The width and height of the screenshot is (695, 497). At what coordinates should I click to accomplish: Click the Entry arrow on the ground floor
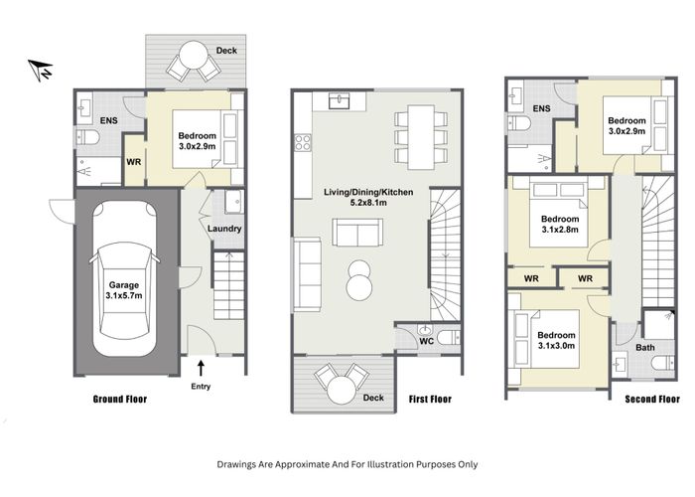click(x=201, y=370)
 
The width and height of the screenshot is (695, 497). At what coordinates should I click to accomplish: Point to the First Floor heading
click(x=430, y=400)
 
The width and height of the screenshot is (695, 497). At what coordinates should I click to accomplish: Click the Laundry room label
click(x=225, y=229)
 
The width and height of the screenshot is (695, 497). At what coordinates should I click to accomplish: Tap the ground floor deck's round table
click(x=194, y=63)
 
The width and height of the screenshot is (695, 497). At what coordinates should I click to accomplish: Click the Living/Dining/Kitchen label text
click(x=368, y=191)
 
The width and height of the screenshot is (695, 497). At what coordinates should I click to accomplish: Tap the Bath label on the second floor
click(x=645, y=347)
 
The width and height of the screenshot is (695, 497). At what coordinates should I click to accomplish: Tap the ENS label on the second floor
click(x=541, y=108)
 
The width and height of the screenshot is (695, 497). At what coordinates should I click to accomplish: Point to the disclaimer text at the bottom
click(x=347, y=463)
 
